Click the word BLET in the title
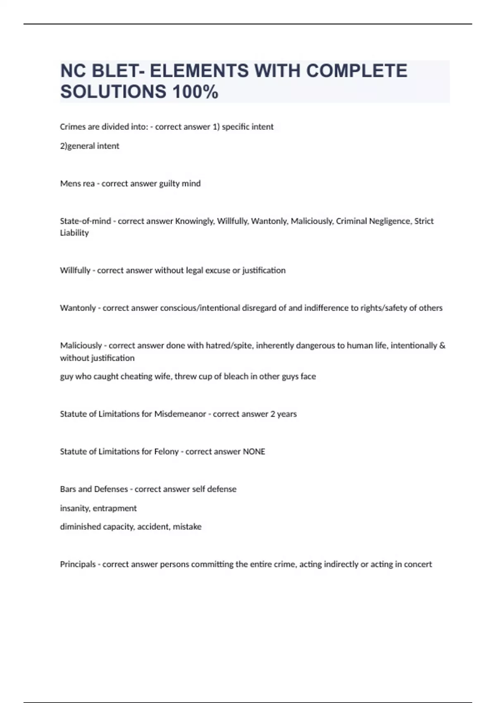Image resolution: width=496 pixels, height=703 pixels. pos(115,71)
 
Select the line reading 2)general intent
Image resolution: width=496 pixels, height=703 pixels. pos(90,146)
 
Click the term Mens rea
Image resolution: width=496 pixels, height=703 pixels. pos(77,184)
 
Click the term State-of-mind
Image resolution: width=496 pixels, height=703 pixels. pos(86,221)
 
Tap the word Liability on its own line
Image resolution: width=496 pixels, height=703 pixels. pos(74,233)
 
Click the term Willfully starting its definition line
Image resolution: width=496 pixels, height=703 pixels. pos(75,270)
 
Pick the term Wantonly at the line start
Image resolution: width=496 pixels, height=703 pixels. pos(78,308)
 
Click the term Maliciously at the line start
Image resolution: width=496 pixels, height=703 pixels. pos(81,346)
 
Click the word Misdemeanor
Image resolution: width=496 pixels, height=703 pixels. pos(180,414)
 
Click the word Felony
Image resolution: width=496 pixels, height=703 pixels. pos(166,452)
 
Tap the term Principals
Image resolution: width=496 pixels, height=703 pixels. pos(78,564)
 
